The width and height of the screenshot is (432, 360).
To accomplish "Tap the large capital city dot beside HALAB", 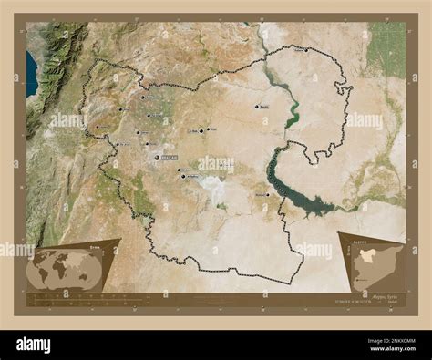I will [x=158, y=158].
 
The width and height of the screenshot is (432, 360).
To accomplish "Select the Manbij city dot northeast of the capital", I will [x=256, y=107].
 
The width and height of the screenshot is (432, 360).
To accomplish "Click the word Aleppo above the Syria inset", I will [x=350, y=234].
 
